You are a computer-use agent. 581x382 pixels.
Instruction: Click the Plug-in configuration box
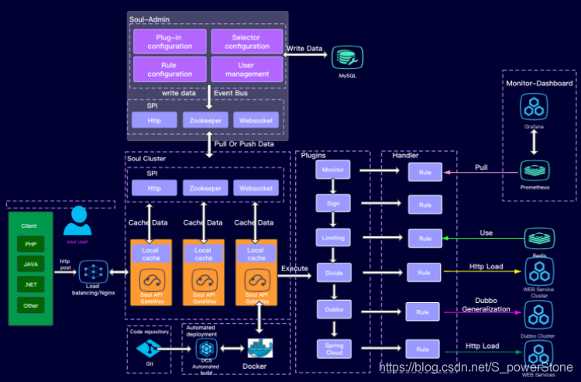170,40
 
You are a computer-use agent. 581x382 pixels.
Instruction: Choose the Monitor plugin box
333,169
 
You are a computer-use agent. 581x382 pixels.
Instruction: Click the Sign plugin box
333,203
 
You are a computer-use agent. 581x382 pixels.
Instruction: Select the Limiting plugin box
333,236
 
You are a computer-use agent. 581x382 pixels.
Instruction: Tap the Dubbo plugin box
333,308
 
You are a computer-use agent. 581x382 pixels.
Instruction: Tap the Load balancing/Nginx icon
93,272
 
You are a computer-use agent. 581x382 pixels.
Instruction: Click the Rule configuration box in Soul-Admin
170,69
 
